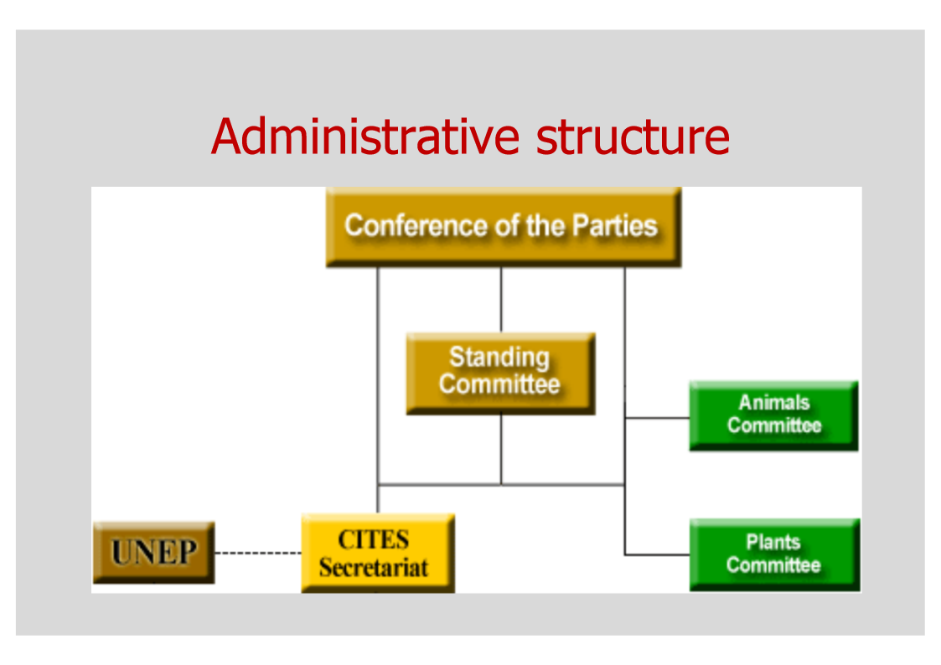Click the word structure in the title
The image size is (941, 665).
pos(632,137)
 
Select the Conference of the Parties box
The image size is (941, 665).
pos(503,226)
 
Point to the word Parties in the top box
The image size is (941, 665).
pos(614,225)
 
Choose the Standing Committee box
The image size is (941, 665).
pos(500,373)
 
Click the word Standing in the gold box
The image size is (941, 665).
pos(499,358)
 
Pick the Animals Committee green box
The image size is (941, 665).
pos(773,415)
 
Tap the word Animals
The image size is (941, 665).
pos(773,403)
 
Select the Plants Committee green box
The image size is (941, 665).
pos(773,554)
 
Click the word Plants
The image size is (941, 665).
pos(773,543)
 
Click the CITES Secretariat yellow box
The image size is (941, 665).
pos(377,553)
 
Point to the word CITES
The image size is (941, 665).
pos(374,539)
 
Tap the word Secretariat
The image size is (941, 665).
pos(374,567)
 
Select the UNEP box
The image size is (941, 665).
pos(153,553)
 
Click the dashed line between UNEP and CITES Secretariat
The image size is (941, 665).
pos(257,553)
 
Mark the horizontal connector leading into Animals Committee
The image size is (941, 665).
pos(657,416)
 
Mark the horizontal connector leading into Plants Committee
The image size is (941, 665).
pos(657,554)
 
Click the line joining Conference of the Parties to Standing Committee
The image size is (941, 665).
pos(501,300)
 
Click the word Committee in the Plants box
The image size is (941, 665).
pos(773,565)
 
